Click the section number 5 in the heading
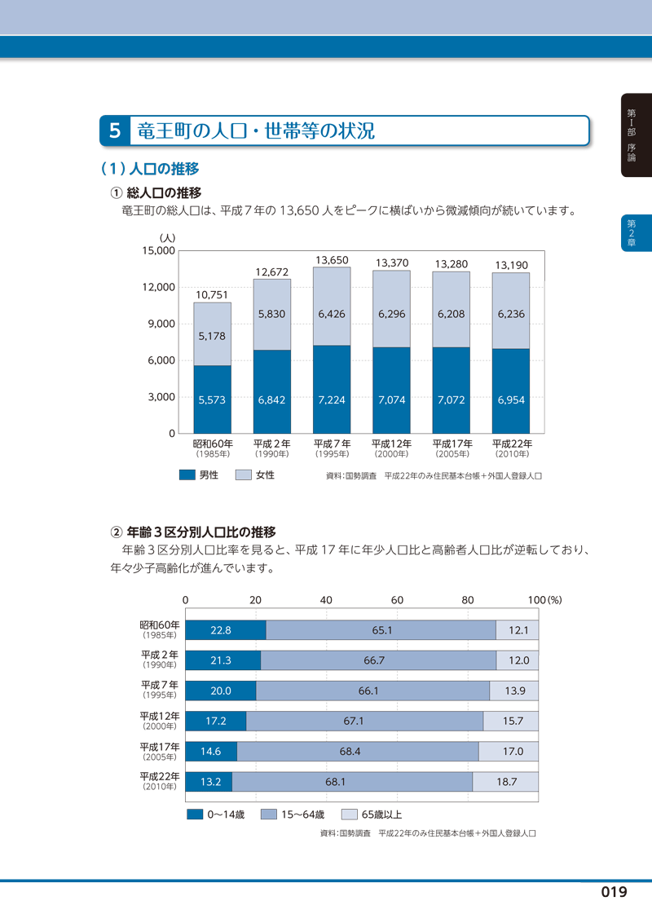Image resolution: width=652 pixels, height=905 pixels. pyautogui.click(x=115, y=130)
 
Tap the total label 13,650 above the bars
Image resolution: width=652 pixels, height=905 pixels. pyautogui.click(x=332, y=260)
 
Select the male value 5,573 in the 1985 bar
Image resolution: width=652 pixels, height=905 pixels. pyautogui.click(x=212, y=400)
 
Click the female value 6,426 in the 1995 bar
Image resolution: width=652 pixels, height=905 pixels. pyautogui.click(x=332, y=312)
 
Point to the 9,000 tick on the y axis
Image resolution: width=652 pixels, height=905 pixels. pyautogui.click(x=161, y=324)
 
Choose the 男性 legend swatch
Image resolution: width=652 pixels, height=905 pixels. pyautogui.click(x=187, y=475)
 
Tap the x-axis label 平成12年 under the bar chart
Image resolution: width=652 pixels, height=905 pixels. pyautogui.click(x=391, y=444)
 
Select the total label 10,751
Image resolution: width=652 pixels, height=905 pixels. pyautogui.click(x=212, y=295)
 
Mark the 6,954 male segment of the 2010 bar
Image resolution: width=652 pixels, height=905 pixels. pyautogui.click(x=511, y=400)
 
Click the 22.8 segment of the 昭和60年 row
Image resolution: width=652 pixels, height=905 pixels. pyautogui.click(x=221, y=630)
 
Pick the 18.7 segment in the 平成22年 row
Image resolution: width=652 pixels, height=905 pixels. pyautogui.click(x=507, y=781)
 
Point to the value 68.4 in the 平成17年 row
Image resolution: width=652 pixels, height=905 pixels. pyautogui.click(x=357, y=751)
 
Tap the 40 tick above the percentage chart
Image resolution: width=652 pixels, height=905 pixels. pyautogui.click(x=326, y=599)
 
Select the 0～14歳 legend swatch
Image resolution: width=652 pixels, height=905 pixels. pyautogui.click(x=194, y=814)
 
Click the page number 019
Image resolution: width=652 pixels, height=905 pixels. pyautogui.click(x=614, y=891)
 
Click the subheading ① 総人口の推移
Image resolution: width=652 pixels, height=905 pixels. pyautogui.click(x=156, y=192)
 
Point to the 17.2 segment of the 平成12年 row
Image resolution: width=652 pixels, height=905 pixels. pyautogui.click(x=215, y=721)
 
